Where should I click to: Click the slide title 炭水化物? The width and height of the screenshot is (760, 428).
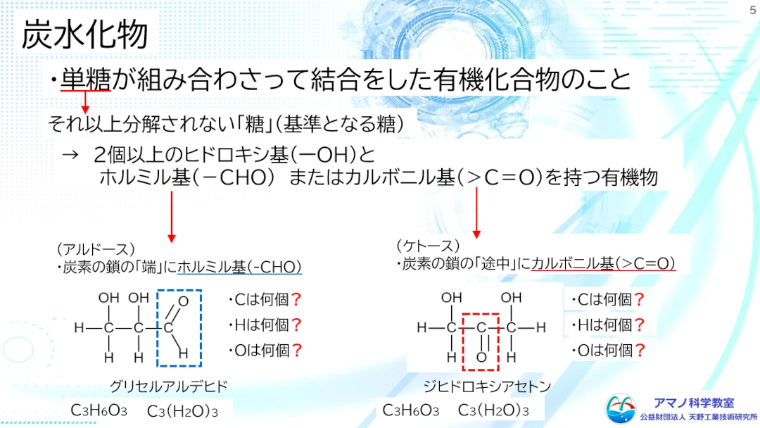(x=85, y=34)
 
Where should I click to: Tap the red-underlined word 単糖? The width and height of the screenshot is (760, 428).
(x=86, y=79)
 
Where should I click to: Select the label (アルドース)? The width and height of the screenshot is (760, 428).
(x=96, y=249)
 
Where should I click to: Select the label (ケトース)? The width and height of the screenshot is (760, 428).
(x=428, y=246)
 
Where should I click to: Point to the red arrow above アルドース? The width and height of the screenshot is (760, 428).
(x=172, y=217)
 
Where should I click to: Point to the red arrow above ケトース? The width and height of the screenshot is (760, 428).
(x=476, y=213)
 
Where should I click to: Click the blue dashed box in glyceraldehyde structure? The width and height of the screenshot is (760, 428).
(x=157, y=328)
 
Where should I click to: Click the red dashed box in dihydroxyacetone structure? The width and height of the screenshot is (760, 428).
(x=462, y=342)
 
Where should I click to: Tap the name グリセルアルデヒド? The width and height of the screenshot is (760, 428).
(x=169, y=386)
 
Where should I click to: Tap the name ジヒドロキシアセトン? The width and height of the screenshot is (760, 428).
(x=487, y=386)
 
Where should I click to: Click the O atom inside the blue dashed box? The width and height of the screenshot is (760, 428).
(x=183, y=301)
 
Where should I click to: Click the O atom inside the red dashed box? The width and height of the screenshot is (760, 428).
(x=481, y=358)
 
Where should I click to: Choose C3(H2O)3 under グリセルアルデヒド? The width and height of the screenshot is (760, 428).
(x=182, y=411)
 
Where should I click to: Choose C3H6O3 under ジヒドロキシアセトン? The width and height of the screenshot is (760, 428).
(x=410, y=410)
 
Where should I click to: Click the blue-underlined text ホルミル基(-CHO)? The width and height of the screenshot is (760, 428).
(x=239, y=267)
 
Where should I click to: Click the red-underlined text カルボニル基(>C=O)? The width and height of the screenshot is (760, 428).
(x=604, y=263)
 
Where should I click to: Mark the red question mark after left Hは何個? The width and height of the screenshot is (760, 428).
(x=297, y=325)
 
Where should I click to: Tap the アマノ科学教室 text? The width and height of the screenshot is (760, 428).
(x=694, y=403)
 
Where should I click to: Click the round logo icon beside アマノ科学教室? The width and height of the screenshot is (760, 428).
(x=621, y=408)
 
